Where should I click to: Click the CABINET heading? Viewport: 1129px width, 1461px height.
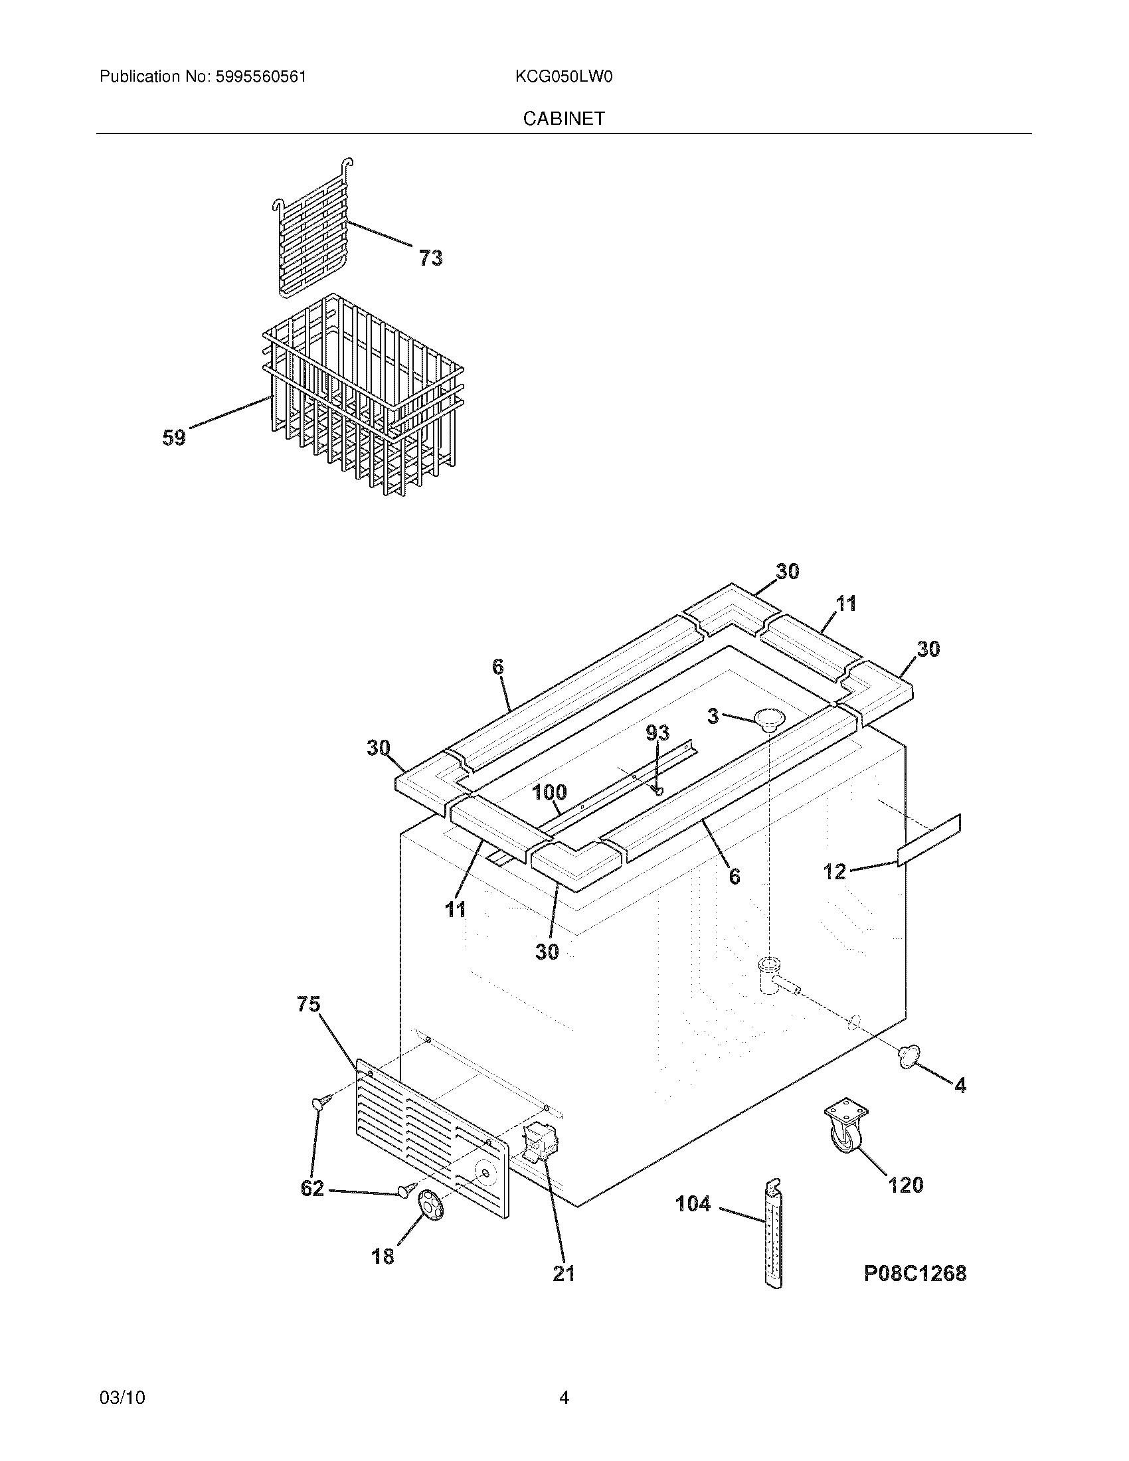point(564,118)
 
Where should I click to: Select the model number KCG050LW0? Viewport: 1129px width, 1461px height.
point(564,77)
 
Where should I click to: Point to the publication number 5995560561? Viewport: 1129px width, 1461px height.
point(261,77)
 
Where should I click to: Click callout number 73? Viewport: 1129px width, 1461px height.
point(431,258)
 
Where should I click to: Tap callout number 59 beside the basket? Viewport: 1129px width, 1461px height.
point(174,438)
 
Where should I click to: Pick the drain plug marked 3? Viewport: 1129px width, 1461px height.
point(769,719)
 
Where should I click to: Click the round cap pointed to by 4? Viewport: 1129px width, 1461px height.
point(907,1055)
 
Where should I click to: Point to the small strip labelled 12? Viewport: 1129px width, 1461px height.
point(930,839)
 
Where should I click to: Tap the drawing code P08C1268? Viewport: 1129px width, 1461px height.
point(915,1273)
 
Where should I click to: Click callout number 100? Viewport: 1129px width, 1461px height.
point(549,793)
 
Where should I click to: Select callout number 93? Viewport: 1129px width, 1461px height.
point(657,733)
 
